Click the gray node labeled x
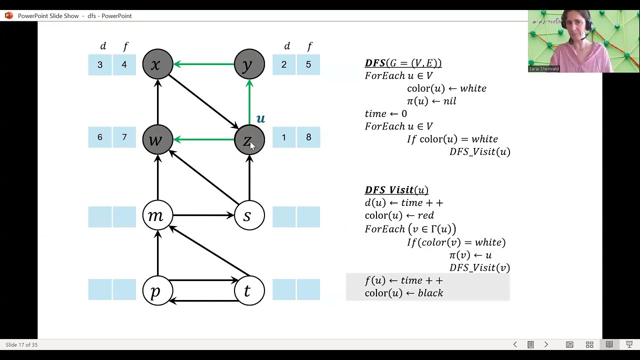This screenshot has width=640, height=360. pos(157,64)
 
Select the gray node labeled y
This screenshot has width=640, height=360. pos(249,64)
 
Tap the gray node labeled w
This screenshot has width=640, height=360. pos(157,139)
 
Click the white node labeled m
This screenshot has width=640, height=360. pos(157,215)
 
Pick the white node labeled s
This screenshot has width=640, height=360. pos(249,215)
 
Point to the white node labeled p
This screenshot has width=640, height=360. pos(157,290)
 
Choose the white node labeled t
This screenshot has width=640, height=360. pos(249,290)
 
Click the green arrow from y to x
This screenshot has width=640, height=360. pos(203,64)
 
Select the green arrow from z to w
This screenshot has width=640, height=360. pos(203,139)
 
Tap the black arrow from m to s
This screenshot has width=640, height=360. pos(203,215)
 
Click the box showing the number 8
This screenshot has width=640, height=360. pos(308,137)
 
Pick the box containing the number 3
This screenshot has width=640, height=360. pos(100,64)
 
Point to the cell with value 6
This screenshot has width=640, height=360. pos(100,137)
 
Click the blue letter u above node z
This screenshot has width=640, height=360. pos(260,118)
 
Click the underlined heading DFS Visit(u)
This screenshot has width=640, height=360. pos(396,190)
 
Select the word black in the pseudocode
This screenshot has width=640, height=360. pos(430,293)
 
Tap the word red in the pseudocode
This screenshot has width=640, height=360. pos(425,215)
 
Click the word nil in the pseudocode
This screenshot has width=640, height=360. pos(449,101)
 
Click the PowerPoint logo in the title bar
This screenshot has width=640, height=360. pos(9,15)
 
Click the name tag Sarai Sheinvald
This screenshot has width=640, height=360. pos(543,69)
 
